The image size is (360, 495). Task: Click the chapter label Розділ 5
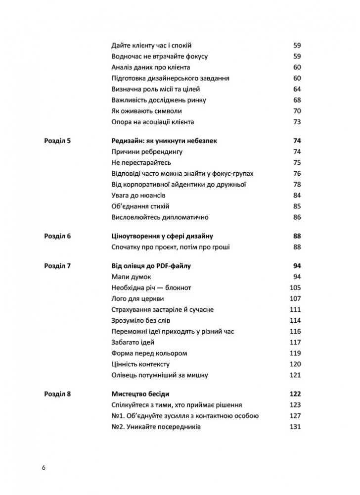coord(58,141)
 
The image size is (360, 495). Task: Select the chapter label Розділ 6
coord(58,236)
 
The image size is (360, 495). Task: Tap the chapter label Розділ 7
coord(58,266)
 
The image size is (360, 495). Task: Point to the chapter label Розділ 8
coord(58,394)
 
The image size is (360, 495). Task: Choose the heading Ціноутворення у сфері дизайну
coord(160,236)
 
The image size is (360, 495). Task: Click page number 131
coord(295,427)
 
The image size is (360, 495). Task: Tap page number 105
coord(295,288)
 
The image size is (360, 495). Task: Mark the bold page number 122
coord(295,394)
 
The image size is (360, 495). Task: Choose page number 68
coord(297,100)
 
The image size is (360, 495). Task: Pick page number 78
coord(297,184)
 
